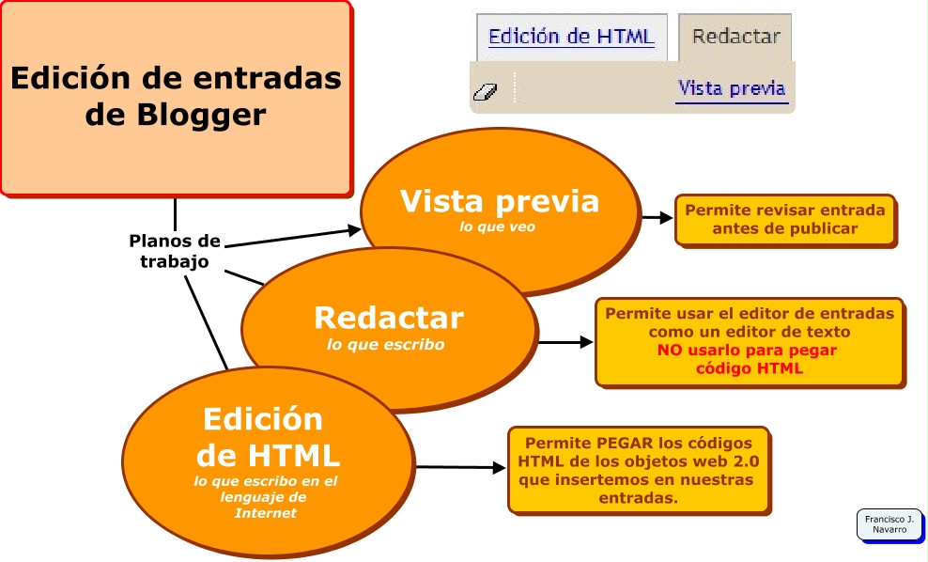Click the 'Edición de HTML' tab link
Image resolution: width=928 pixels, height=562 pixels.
coord(571,37)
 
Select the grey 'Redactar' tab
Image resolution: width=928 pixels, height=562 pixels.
coord(735,38)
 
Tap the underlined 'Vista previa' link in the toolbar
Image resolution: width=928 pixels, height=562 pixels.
coord(732,89)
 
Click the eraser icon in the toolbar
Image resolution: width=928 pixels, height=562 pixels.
coord(486,92)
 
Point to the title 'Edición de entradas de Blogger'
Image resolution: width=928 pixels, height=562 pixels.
coord(177,96)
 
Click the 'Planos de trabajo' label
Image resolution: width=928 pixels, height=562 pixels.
coord(175,251)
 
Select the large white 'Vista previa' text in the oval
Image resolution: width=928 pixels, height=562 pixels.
coord(500,201)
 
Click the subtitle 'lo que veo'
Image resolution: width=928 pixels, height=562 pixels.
coord(497,226)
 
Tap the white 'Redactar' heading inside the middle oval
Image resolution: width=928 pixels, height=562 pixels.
coord(389,318)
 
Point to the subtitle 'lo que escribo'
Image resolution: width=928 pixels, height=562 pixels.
coord(385,345)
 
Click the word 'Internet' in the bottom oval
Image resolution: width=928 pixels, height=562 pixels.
coord(265,513)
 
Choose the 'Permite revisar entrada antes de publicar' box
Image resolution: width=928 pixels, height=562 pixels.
coord(786,220)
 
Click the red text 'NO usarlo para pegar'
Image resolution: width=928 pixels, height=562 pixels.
coord(747,350)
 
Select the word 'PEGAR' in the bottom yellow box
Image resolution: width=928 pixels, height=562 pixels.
coord(626,443)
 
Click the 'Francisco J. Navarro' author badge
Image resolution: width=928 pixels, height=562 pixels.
coord(889,524)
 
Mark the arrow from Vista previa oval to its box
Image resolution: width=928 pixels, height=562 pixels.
coord(657,218)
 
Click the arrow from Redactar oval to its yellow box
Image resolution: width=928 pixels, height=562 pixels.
coord(565,342)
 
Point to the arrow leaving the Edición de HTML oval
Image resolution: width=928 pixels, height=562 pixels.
coord(460,468)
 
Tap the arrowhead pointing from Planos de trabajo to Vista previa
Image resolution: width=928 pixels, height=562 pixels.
coord(354,229)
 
